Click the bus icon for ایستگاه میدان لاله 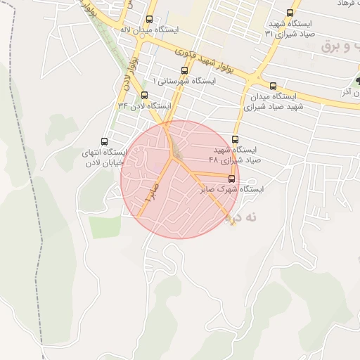pyautogui.click(x=149, y=20)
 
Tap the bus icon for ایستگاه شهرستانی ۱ pyautogui.click(x=185, y=70)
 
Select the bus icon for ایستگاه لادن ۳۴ pyautogui.click(x=145, y=95)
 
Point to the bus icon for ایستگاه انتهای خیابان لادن pyautogui.click(x=105, y=141)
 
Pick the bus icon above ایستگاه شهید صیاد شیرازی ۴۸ pyautogui.click(x=235, y=140)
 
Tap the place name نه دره pyautogui.click(x=243, y=219)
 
